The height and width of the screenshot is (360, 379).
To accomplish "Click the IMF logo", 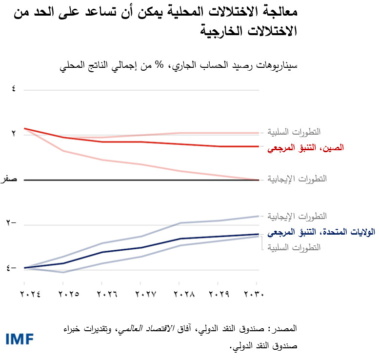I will [x=20, y=339].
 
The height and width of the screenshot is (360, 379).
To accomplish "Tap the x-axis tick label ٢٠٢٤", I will [x=23, y=294].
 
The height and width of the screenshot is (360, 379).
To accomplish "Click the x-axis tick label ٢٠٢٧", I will [x=141, y=294].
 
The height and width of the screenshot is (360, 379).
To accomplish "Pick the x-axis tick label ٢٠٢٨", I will [x=180, y=294].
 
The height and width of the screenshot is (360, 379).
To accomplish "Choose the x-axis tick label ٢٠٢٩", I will [x=219, y=294].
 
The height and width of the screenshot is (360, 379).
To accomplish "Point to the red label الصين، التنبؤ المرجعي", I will [x=305, y=147].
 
